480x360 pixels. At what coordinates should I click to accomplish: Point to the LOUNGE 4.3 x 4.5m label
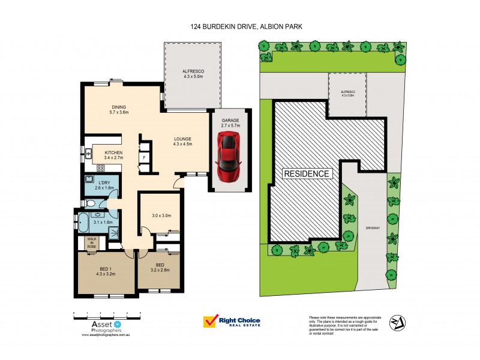click(x=182, y=141)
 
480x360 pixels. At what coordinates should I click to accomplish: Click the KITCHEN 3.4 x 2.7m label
click(x=113, y=155)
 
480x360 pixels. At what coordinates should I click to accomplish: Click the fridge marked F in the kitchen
click(x=145, y=157)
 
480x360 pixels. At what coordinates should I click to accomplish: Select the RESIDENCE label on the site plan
click(x=307, y=173)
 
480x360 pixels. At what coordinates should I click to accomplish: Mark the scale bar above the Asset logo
click(x=107, y=314)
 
